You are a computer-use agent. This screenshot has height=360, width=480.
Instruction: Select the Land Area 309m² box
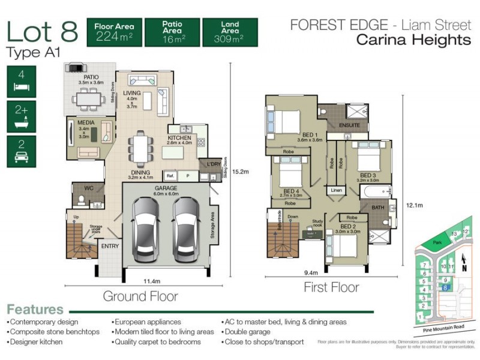(230, 32)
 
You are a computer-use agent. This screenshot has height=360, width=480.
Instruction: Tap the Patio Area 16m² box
(173, 32)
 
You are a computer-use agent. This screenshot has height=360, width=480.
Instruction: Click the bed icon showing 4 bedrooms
(22, 82)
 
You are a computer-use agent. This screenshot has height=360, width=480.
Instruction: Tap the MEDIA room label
(86, 123)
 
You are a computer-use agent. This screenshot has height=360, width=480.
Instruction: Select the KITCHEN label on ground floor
(179, 138)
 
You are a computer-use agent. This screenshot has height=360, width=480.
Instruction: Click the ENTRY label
(110, 246)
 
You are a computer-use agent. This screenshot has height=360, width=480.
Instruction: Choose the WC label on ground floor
(88, 188)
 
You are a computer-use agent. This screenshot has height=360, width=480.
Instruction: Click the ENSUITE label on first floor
(349, 125)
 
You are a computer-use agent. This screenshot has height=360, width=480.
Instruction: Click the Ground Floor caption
(140, 296)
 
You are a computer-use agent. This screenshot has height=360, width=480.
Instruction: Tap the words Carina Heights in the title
(413, 40)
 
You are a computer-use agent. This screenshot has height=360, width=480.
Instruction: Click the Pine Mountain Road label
(443, 327)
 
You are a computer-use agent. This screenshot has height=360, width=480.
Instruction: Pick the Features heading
(35, 310)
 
